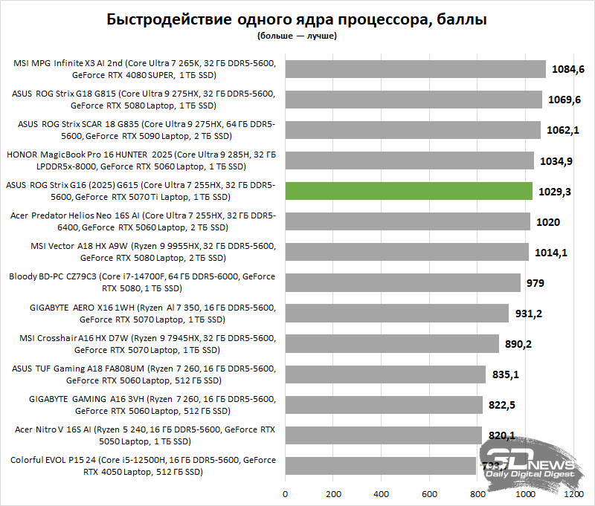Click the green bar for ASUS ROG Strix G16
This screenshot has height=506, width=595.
408,191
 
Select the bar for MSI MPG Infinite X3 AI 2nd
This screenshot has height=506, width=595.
415,69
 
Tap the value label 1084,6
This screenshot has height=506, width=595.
569,69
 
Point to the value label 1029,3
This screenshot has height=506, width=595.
556,191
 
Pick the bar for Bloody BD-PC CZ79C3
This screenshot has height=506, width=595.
402,282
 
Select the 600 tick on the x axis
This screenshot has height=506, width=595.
430,493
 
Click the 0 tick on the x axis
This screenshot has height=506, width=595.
285,493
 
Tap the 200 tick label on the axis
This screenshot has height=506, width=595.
333,493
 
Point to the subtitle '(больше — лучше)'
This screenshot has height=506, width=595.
297,35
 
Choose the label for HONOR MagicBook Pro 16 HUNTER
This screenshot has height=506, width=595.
141,160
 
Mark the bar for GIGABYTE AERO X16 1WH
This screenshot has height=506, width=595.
396,313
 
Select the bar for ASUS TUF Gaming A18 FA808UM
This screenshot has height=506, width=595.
385,374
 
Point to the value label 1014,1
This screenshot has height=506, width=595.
551,253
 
